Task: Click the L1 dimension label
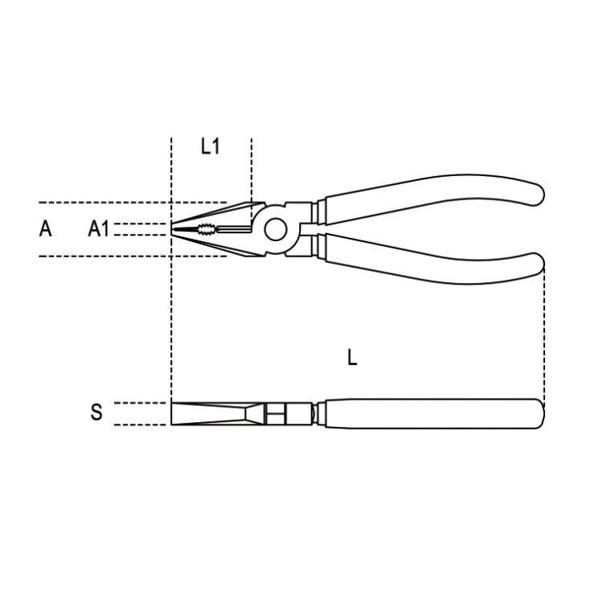click(x=210, y=146)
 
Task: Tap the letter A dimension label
click(x=46, y=229)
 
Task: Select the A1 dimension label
click(x=98, y=229)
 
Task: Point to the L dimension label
click(x=352, y=358)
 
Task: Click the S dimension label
click(x=96, y=413)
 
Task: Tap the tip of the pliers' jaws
click(x=174, y=230)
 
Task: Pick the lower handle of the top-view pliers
click(x=426, y=260)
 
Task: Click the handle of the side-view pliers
click(x=426, y=413)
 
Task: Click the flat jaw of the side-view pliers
click(x=209, y=413)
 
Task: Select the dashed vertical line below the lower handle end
click(x=544, y=338)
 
